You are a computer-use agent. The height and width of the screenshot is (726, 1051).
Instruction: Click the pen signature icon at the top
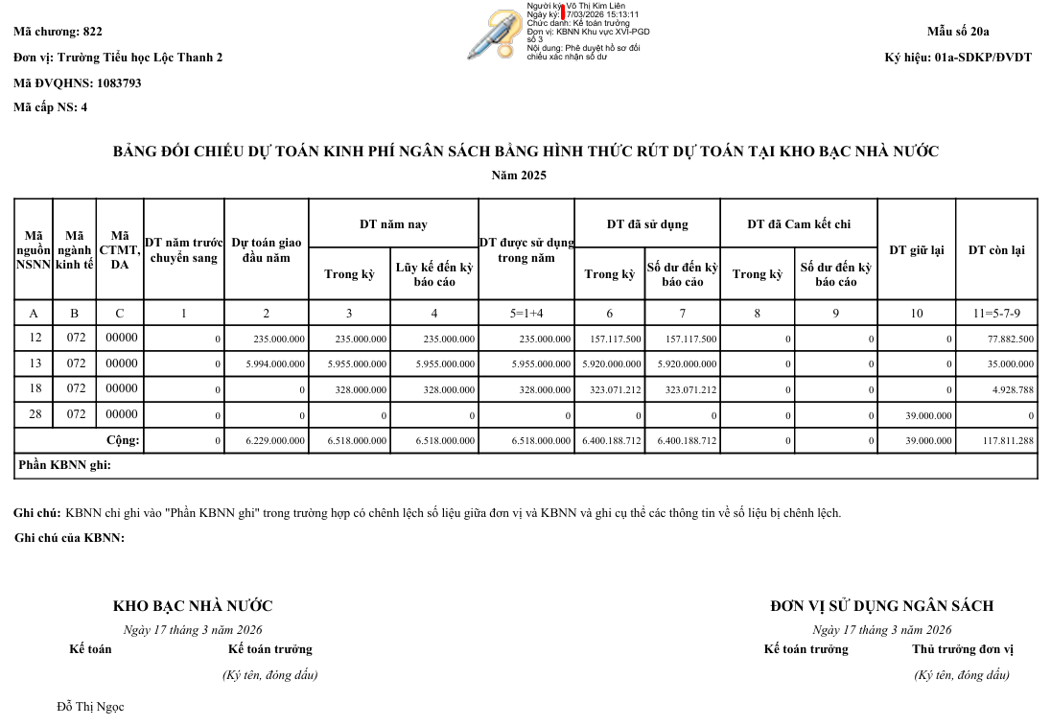click(x=494, y=35)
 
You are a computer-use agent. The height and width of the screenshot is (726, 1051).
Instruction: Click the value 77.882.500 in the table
click(x=1010, y=340)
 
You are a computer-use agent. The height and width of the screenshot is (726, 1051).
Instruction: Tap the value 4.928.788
click(x=1014, y=390)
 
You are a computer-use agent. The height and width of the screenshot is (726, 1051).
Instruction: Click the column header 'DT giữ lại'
click(x=916, y=250)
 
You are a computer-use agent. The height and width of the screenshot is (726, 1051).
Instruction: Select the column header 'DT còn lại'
click(x=995, y=250)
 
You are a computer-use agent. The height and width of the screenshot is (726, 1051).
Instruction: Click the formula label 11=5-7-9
click(x=996, y=314)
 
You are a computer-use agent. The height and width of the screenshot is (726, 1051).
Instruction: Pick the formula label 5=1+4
click(x=525, y=314)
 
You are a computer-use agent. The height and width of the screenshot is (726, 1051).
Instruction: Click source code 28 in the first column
click(x=35, y=414)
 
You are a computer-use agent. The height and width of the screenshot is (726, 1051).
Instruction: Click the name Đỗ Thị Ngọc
click(x=90, y=707)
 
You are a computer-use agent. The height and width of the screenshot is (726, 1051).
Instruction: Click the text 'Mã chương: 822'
click(x=58, y=32)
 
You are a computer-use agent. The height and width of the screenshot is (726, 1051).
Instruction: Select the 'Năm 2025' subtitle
click(x=519, y=176)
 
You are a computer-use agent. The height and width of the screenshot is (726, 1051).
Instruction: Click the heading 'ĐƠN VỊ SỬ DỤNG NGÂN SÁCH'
click(x=881, y=606)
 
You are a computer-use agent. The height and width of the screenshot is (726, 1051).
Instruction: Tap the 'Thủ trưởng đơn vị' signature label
click(x=962, y=649)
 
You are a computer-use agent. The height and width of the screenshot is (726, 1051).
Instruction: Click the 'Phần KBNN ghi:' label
click(x=65, y=465)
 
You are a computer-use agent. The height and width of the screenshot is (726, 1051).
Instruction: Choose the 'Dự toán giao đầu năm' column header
click(x=266, y=250)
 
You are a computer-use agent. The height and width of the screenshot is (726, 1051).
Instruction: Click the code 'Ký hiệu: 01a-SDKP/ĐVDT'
click(x=957, y=58)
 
